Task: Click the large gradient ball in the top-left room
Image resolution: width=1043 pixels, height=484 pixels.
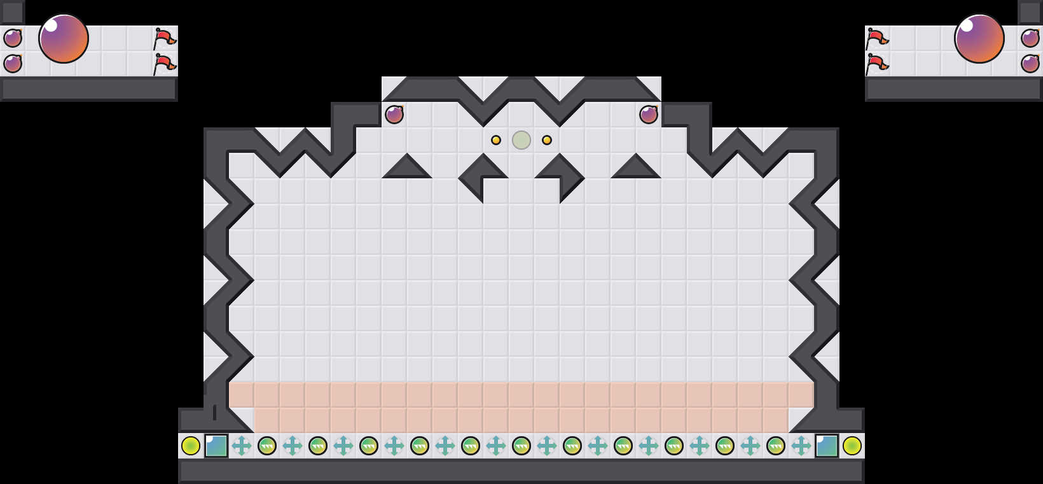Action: click(x=64, y=38)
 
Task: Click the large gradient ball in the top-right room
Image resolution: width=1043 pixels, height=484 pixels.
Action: click(x=979, y=38)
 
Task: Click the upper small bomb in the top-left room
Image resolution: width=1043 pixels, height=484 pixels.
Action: click(x=13, y=38)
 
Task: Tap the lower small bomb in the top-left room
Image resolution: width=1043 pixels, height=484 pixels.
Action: click(x=13, y=64)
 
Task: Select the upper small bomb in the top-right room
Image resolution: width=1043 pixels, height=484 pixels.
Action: click(x=1030, y=38)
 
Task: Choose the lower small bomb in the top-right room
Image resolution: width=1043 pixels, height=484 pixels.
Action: click(x=1030, y=64)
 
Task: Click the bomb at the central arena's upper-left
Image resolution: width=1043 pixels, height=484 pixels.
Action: click(x=394, y=115)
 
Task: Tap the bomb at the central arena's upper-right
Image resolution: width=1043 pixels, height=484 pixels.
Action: click(x=649, y=115)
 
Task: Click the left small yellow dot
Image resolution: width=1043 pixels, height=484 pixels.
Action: click(x=496, y=140)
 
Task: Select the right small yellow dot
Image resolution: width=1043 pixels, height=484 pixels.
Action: click(x=547, y=140)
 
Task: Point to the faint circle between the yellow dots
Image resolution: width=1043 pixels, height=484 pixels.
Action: click(x=521, y=140)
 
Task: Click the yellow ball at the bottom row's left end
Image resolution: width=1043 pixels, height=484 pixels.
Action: click(x=191, y=446)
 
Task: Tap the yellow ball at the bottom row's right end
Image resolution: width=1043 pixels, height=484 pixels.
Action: click(x=852, y=446)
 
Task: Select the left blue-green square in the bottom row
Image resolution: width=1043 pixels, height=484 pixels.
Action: click(x=216, y=446)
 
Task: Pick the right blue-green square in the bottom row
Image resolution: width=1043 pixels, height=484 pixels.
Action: click(x=827, y=446)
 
